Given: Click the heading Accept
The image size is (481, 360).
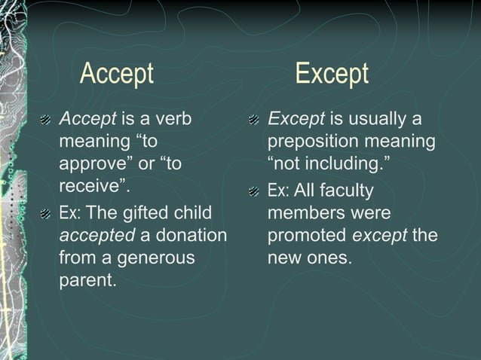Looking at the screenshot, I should pyautogui.click(x=116, y=74).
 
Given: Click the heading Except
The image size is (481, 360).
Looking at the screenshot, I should pyautogui.click(x=331, y=74).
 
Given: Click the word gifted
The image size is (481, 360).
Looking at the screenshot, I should pyautogui.click(x=149, y=214).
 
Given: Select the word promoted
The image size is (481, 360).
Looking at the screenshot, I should pyautogui.click(x=308, y=236).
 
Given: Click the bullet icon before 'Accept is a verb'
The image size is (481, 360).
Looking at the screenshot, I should pyautogui.click(x=46, y=121).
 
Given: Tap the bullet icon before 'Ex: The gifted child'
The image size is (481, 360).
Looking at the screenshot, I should pyautogui.click(x=46, y=215).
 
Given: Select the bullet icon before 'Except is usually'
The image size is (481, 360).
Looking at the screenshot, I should pyautogui.click(x=255, y=121).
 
